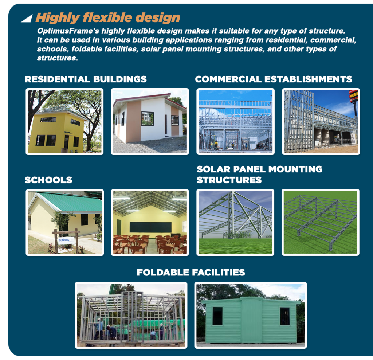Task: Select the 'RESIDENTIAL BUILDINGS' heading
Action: pos(86,79)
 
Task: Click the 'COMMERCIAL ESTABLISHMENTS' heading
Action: pos(274,79)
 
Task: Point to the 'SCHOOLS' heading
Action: pos(48,180)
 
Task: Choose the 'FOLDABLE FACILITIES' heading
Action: pos(191,272)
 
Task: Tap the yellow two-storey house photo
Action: pos(64,121)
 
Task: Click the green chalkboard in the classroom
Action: pos(150,227)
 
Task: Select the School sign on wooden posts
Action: pos(66,240)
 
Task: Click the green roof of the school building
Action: pos(69,202)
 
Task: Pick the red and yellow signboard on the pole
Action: pos(353,96)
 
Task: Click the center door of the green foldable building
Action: pos(251,320)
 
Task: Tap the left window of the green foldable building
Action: pos(217,316)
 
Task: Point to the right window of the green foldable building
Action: pos(285,316)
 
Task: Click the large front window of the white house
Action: pos(148,118)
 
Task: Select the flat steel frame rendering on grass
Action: pos(321,222)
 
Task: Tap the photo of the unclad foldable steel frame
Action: pos(131,315)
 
